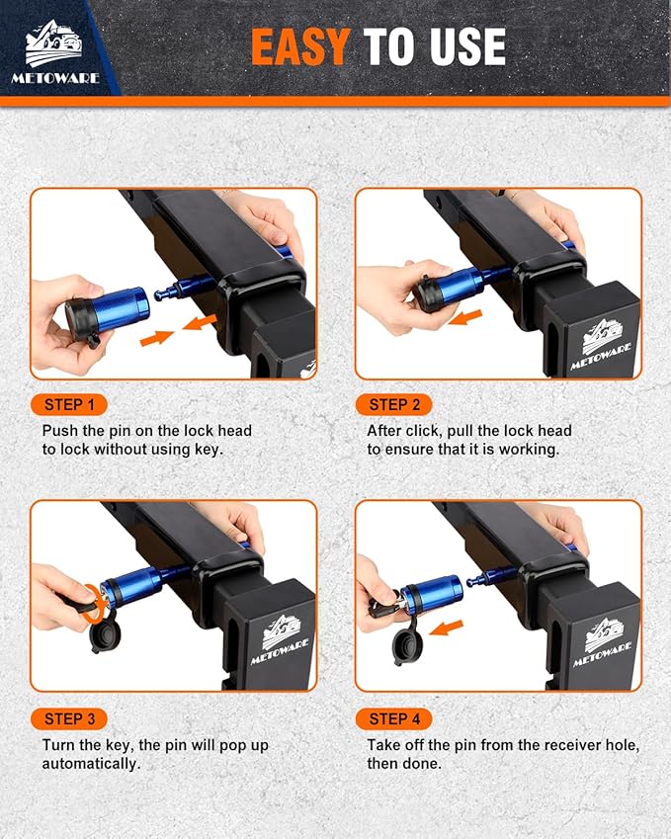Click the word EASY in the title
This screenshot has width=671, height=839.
(x=300, y=47)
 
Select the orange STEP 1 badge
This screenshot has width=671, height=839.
(x=69, y=404)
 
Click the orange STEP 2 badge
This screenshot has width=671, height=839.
(x=394, y=404)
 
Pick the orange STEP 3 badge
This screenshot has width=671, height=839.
(x=69, y=718)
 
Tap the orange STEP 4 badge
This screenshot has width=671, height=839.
(x=394, y=718)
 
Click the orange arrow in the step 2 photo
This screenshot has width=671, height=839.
(x=466, y=317)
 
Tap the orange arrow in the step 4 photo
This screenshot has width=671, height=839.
(x=446, y=628)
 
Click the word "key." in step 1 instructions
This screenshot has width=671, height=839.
(x=209, y=450)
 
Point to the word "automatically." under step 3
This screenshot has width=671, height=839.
(x=91, y=764)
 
